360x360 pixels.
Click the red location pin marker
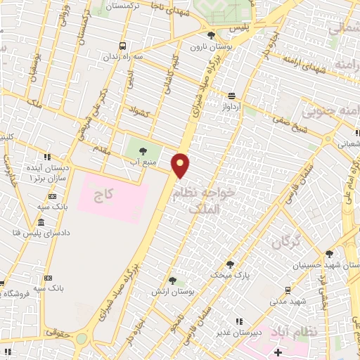pos(181,165)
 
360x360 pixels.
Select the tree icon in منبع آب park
pos(143,150)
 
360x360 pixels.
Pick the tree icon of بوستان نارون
pos(211,35)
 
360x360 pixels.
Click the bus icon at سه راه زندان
pos(123,45)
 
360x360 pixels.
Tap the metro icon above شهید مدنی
pos(288,290)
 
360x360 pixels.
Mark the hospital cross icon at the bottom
pos(278,352)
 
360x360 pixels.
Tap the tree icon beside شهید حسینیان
pos(329,254)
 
